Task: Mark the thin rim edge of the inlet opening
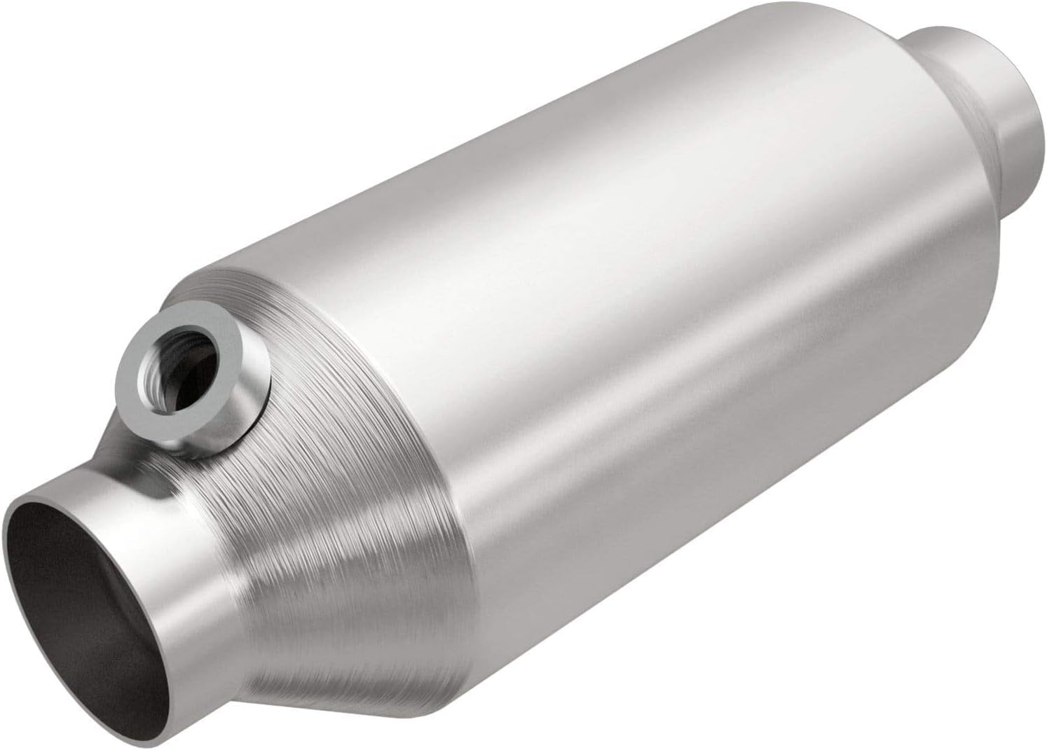pos(8,560)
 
